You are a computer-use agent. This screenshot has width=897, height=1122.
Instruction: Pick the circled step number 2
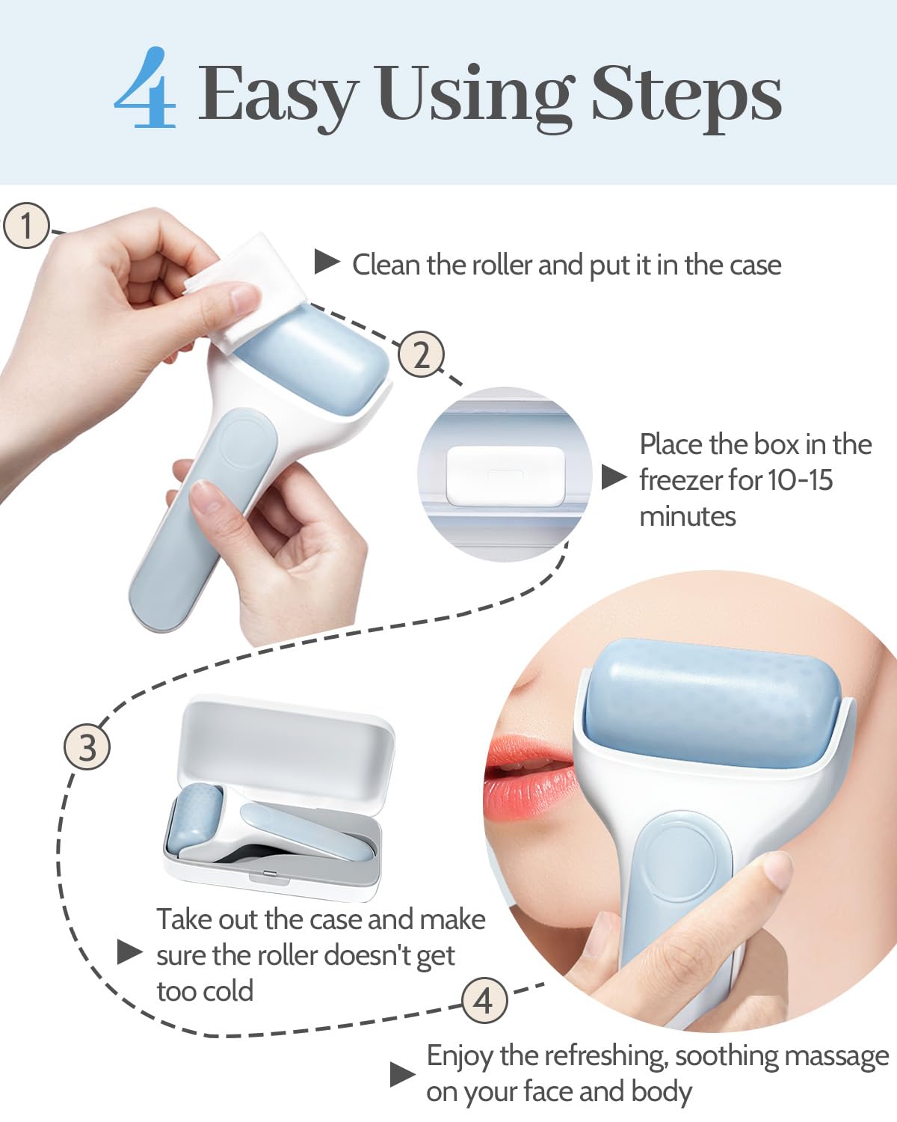coord(421,355)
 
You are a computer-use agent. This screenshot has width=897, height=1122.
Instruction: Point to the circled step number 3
coord(87,747)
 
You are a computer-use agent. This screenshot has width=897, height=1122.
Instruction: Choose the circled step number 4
coord(484,1000)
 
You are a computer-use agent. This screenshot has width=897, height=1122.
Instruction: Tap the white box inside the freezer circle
coord(505,475)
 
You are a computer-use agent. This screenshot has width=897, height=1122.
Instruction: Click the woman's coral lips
coord(527,778)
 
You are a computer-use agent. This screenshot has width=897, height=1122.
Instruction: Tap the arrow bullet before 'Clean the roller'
coord(327,263)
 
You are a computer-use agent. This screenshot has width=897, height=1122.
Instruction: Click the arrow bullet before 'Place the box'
coord(614,476)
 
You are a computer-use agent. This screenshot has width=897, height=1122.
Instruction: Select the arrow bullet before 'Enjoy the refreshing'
coord(402,1075)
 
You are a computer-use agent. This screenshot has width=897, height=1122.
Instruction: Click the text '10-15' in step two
coord(800,480)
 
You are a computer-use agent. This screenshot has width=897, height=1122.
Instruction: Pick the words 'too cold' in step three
coord(205,991)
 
